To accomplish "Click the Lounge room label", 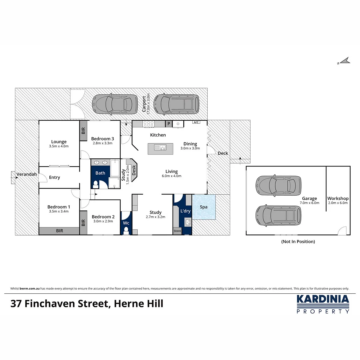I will pyautogui.click(x=59, y=142).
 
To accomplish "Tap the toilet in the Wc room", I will pyautogui.click(x=126, y=230).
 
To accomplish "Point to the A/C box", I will pyautogui.click(x=196, y=122).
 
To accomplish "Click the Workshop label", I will pyautogui.click(x=338, y=198).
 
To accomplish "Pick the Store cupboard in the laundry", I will pyautogui.click(x=177, y=231).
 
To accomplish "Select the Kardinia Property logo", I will pyautogui.click(x=323, y=304).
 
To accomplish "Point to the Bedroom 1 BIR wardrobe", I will pyautogui.click(x=59, y=231).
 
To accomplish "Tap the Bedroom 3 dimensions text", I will pyautogui.click(x=102, y=143).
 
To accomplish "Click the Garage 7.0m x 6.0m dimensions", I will pyautogui.click(x=309, y=203).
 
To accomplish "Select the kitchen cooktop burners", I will pyautogui.click(x=148, y=124).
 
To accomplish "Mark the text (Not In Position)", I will pyautogui.click(x=298, y=241).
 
